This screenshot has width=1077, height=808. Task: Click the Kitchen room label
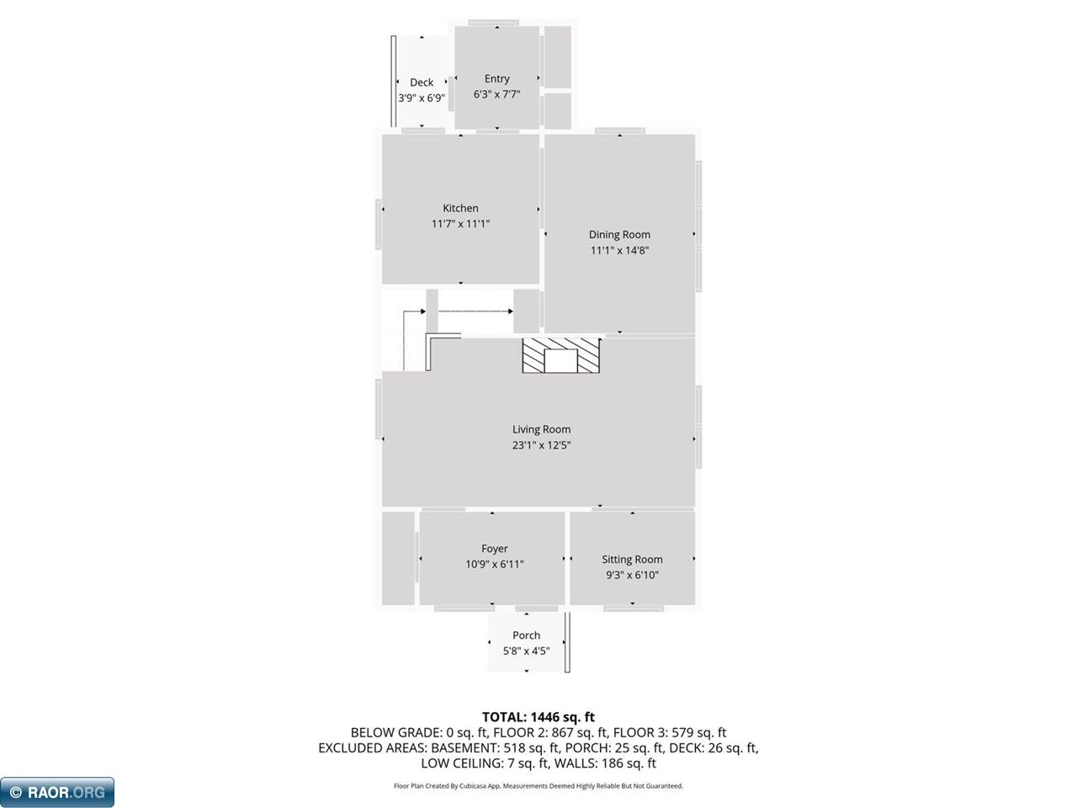pyautogui.click(x=460, y=208)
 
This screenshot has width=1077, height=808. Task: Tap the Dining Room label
pyautogui.click(x=619, y=235)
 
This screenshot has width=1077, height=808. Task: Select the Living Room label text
pyautogui.click(x=541, y=429)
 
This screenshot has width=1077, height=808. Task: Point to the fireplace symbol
pyautogui.click(x=561, y=356)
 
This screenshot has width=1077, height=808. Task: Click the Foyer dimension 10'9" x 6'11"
pyautogui.click(x=494, y=565)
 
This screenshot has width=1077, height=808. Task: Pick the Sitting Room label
pyautogui.click(x=632, y=559)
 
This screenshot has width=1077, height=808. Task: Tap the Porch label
pyautogui.click(x=526, y=635)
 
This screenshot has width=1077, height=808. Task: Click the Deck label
pyautogui.click(x=422, y=82)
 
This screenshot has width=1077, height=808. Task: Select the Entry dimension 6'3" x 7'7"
pyautogui.click(x=496, y=94)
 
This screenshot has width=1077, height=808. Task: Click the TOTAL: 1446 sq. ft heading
pyautogui.click(x=538, y=717)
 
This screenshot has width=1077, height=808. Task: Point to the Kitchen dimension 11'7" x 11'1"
pyautogui.click(x=460, y=224)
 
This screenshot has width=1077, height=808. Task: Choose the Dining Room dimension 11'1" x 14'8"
pyautogui.click(x=619, y=251)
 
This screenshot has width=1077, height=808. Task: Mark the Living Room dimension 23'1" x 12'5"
pyautogui.click(x=541, y=445)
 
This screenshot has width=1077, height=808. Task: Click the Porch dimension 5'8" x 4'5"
pyautogui.click(x=526, y=651)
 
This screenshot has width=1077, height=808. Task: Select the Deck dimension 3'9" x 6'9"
pyautogui.click(x=422, y=98)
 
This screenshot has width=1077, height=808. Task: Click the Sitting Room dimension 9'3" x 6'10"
pyautogui.click(x=632, y=575)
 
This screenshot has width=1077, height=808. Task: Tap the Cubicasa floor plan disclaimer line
pyautogui.click(x=538, y=786)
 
